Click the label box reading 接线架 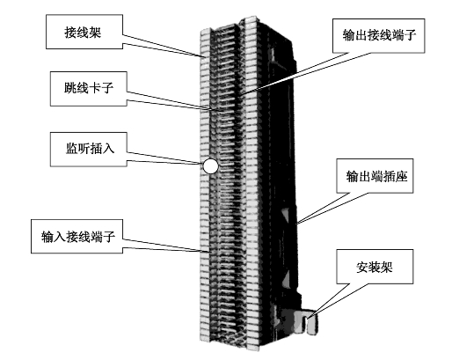[x=84, y=32]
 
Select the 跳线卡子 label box [x=89, y=89]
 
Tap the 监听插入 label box [x=89, y=150]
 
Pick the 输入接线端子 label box [x=77, y=236]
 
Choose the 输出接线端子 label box [x=378, y=36]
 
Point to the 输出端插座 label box [x=375, y=176]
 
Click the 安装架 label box [x=375, y=267]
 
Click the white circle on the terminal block [x=210, y=166]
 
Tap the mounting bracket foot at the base [x=305, y=321]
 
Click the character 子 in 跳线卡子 [x=107, y=88]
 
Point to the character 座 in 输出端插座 [x=401, y=176]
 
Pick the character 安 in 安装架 [x=362, y=267]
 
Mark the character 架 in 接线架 [x=95, y=32]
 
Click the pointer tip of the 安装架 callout [x=308, y=319]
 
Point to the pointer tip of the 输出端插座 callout [x=295, y=224]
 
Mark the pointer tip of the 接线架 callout [x=202, y=56]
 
